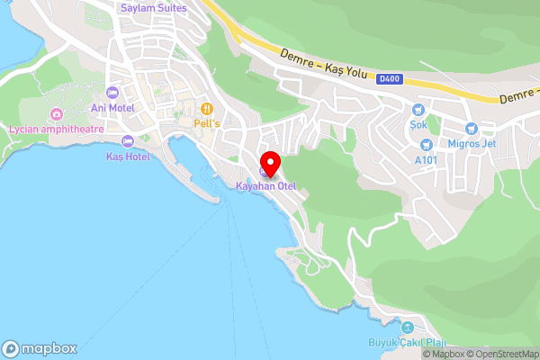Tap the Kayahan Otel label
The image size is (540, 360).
click(265, 186)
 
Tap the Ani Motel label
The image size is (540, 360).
click(112, 108)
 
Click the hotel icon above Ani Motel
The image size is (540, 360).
click(112, 93)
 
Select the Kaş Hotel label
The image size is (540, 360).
click(127, 156)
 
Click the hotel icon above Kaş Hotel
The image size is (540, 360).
click(127, 141)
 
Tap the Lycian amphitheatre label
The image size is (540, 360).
click(56, 129)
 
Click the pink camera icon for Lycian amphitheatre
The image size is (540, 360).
click(56, 114)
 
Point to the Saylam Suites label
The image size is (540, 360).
click(154, 8)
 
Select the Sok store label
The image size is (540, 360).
click(418, 126)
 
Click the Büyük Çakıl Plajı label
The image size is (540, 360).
click(407, 342)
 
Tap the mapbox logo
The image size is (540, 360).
click(40, 348)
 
